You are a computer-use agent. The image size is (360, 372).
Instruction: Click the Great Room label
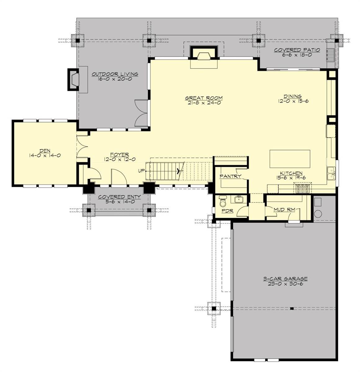204,98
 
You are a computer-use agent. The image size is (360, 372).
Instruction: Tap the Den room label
45,151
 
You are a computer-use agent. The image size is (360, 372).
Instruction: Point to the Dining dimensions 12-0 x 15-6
293,101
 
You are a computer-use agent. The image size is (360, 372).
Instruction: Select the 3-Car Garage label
285,279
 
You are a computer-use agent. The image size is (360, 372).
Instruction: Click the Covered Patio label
297,50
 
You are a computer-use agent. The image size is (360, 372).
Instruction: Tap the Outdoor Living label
115,74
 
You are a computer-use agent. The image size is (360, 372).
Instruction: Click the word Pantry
230,176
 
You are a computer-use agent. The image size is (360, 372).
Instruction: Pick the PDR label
227,211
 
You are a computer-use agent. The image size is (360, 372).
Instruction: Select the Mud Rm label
285,210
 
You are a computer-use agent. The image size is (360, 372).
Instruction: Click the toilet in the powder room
223,201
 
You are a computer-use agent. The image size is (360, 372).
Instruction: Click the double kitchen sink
331,173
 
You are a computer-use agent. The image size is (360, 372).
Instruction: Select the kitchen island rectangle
290,159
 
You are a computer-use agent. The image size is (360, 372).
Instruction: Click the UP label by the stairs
141,171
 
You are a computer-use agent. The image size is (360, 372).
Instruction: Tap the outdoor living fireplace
73,79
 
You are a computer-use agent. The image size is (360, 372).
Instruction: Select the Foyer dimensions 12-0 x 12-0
120,159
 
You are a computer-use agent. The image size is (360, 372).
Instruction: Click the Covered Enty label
119,197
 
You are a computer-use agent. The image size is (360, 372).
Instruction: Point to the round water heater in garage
318,214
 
